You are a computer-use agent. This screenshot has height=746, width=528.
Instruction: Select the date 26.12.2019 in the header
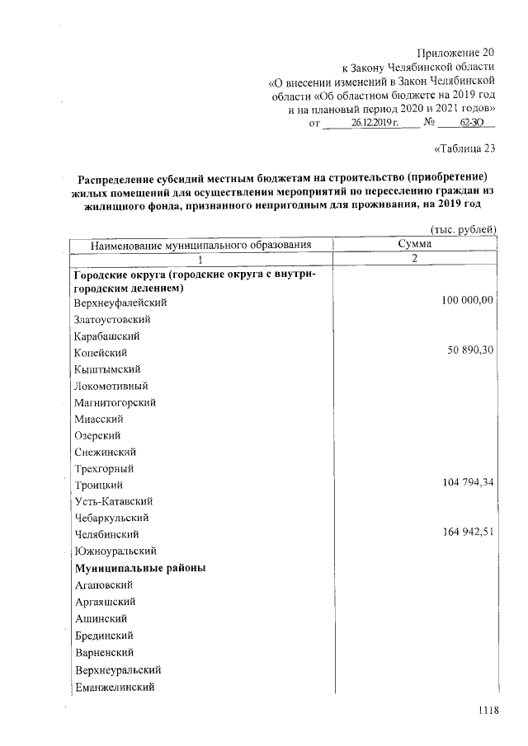pos(375,123)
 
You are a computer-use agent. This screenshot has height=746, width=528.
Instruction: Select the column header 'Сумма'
pos(413,244)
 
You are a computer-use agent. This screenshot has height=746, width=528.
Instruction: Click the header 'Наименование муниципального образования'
pos(200,245)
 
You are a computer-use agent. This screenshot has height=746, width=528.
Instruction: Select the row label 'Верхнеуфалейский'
pos(120,303)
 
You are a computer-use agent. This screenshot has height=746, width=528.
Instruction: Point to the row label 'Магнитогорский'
pos(115,402)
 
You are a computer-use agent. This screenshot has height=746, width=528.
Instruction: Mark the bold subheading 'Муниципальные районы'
pos(139,568)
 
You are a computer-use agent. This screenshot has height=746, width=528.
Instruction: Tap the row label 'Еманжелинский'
pos(115,686)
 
